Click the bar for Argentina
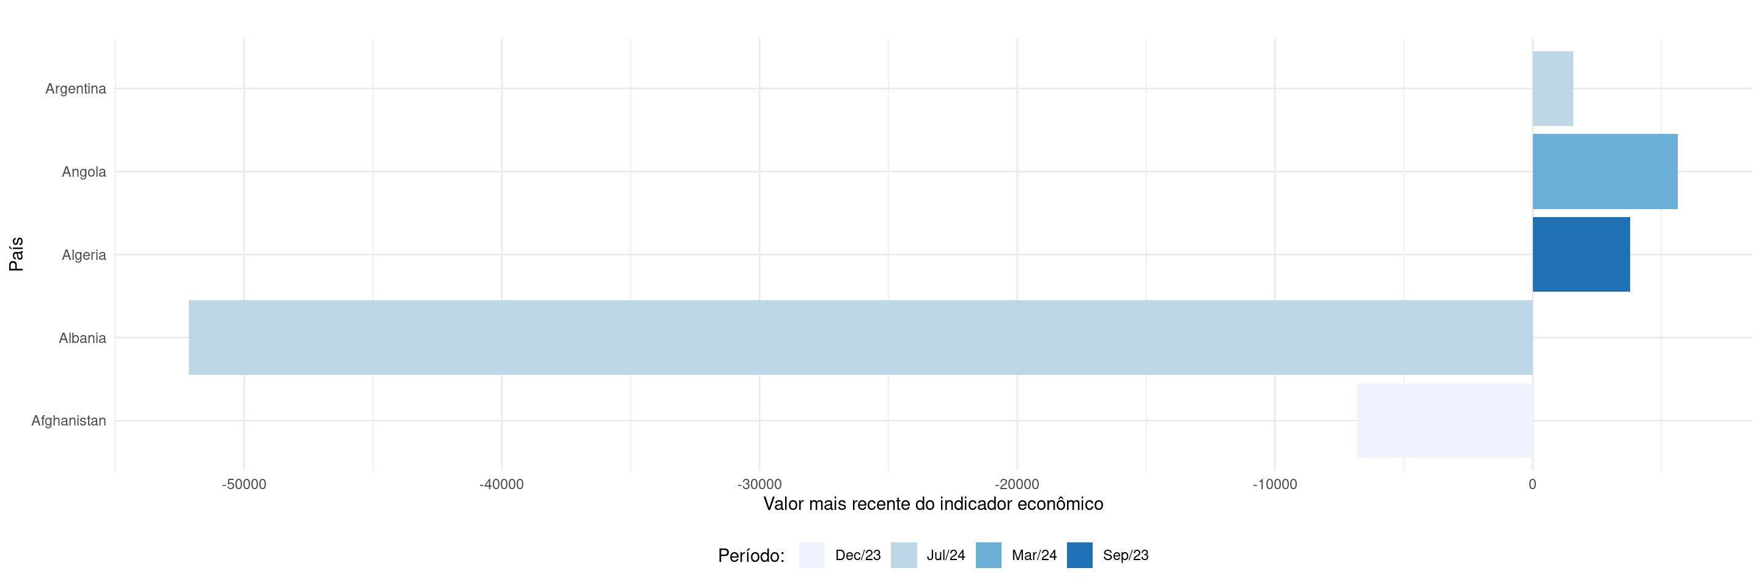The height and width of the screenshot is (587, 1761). coord(1552,89)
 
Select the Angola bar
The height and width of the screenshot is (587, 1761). coord(1604,172)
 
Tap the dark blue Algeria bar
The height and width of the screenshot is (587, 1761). coord(1581,255)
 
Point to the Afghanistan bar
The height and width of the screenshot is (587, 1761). coord(1444,421)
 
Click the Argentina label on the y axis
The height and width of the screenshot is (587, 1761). coord(75,89)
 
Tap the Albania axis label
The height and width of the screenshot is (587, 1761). coord(82,338)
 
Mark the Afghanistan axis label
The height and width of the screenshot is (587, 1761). coord(68,421)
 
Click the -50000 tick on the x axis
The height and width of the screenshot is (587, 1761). coord(244,484)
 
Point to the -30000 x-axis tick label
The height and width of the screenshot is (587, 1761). coord(759,484)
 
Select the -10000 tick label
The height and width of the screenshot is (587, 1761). coord(1274,484)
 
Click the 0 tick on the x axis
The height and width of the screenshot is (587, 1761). coord(1532,484)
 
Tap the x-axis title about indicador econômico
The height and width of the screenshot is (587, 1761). coord(932,504)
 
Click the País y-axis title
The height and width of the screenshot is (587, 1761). coord(17,254)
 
